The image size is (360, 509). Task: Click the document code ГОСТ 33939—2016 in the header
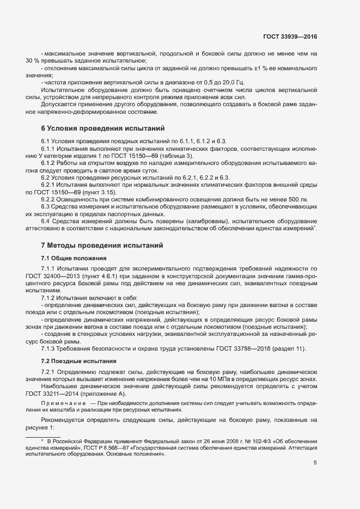pyautogui.click(x=290, y=36)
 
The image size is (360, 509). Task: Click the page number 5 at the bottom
pyautogui.click(x=315, y=463)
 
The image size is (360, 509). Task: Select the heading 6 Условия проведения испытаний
pyautogui.click(x=103, y=129)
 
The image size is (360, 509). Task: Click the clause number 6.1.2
pyautogui.click(x=49, y=162)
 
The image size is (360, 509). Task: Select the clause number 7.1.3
pyautogui.click(x=49, y=348)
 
